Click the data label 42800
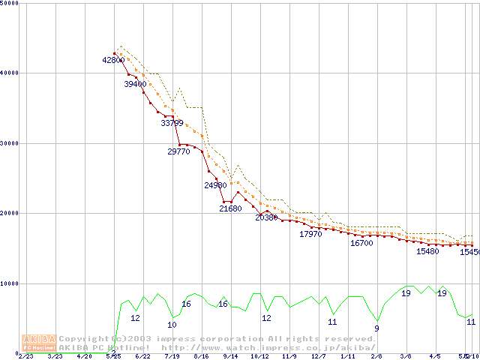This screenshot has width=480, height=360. (x=113, y=60)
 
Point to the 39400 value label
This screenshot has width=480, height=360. (x=135, y=85)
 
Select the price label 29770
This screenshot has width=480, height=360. (x=178, y=151)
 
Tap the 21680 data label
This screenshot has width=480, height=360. (x=230, y=209)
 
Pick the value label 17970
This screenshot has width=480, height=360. (x=310, y=235)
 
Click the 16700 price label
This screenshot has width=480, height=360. (x=361, y=244)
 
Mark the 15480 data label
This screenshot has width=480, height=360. (x=427, y=252)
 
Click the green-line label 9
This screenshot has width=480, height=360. (x=376, y=328)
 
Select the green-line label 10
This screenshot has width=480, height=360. (x=172, y=325)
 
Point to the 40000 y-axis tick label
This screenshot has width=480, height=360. (x=9, y=73)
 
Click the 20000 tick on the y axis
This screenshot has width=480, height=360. (x=9, y=214)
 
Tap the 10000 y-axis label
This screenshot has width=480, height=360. (x=9, y=284)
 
